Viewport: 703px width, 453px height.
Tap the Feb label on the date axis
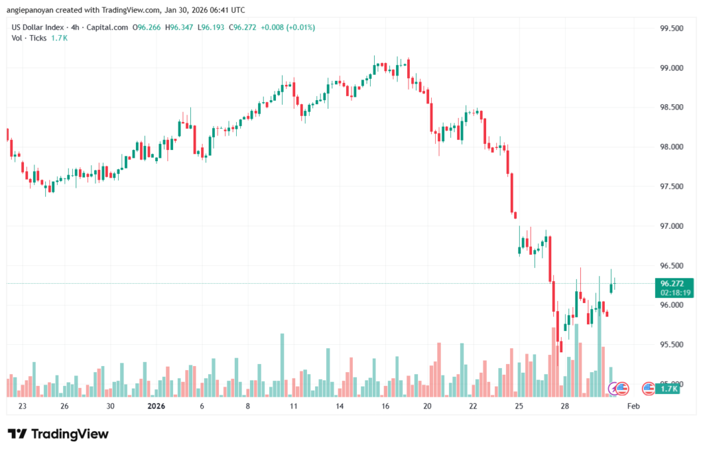click(x=634, y=406)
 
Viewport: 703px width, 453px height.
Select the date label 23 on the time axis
click(x=23, y=406)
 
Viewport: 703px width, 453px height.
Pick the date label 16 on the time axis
click(x=385, y=406)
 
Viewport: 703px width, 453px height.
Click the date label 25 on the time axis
click(x=518, y=406)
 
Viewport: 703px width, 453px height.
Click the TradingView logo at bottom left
click(x=58, y=434)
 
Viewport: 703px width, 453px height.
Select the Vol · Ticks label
click(x=29, y=38)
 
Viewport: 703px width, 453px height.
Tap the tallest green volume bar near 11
click(x=282, y=365)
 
